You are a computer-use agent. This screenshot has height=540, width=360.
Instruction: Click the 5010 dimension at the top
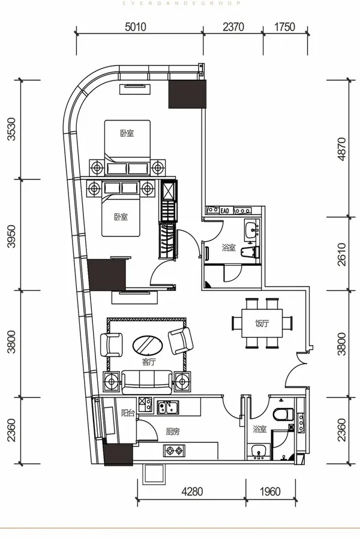coord(136,27)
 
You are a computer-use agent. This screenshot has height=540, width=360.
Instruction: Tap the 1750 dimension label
coord(284,27)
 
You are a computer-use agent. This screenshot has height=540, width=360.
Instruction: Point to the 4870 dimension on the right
coord(341,149)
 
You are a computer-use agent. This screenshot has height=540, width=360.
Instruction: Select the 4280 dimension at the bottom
coord(192,491)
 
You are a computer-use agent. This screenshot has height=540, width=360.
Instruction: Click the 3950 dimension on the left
coord(11,236)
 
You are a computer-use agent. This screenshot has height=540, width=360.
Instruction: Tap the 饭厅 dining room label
coord(262,323)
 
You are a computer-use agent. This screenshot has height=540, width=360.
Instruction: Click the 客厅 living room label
coord(149,362)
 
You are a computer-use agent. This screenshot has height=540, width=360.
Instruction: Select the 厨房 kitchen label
coord(173,431)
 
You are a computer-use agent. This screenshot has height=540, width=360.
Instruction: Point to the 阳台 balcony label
coord(128,413)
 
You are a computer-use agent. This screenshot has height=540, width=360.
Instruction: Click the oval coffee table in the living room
coord(148,345)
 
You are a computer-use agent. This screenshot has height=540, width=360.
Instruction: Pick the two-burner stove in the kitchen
coord(174,451)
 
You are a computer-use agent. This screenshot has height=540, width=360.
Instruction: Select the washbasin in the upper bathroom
coord(251,229)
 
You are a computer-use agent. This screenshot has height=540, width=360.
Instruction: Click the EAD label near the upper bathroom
coord(224,211)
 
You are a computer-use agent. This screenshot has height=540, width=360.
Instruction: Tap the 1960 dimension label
coord(270,491)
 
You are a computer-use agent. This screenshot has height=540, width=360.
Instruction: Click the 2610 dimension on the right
coord(341,254)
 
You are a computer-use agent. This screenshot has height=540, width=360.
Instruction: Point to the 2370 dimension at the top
coord(233,27)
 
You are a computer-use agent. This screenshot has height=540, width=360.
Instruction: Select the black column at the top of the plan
coord(187,94)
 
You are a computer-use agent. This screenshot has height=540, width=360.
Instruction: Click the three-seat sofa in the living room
coord(147,382)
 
